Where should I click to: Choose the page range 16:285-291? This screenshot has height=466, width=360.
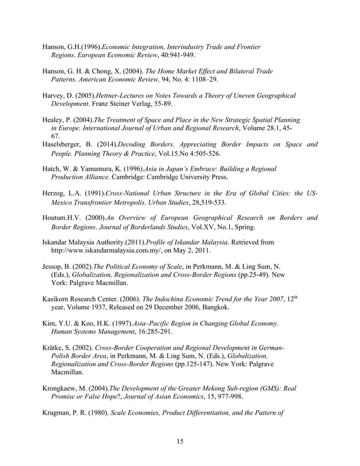click(144, 332)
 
